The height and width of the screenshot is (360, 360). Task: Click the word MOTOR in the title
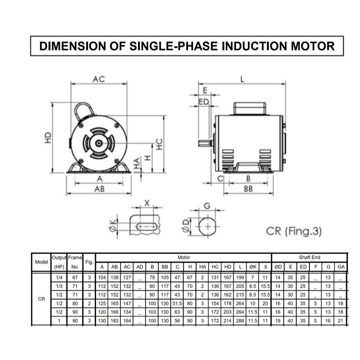(x=313, y=46)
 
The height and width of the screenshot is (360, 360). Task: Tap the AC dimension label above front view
(x=99, y=79)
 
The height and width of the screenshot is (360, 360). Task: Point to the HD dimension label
(x=48, y=138)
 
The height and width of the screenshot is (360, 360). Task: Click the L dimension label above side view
(x=242, y=79)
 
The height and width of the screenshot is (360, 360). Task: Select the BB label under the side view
(x=248, y=189)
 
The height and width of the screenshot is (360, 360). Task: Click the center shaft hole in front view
(x=99, y=143)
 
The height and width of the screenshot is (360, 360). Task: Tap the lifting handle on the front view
(x=83, y=111)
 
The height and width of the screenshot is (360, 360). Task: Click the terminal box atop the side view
(x=250, y=109)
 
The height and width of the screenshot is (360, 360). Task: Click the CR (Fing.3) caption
(x=294, y=231)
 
